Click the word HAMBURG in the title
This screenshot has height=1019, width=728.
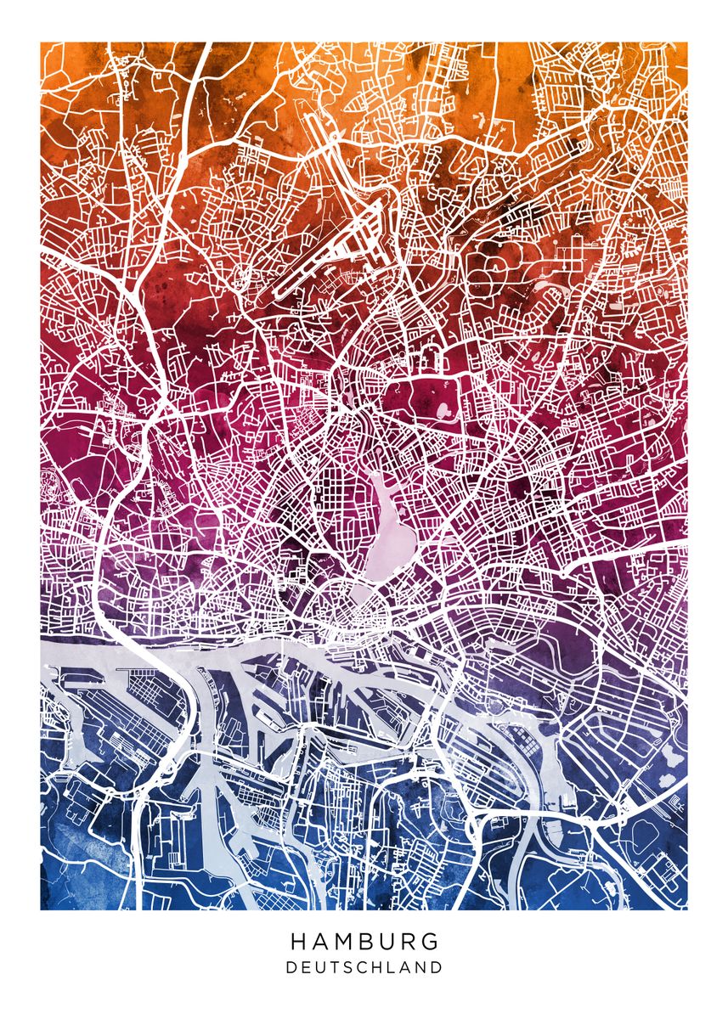coord(364,942)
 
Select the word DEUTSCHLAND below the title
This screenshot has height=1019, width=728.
coord(364,967)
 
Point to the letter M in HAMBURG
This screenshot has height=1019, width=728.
coord(344,942)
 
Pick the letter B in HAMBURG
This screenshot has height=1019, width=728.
coord(368,942)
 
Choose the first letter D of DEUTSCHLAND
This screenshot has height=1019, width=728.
coord(291,967)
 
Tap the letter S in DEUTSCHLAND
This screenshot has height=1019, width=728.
coord(349,967)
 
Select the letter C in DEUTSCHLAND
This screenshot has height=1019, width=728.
coord(364,967)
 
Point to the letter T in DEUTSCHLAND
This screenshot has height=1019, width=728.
coord(336,967)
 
